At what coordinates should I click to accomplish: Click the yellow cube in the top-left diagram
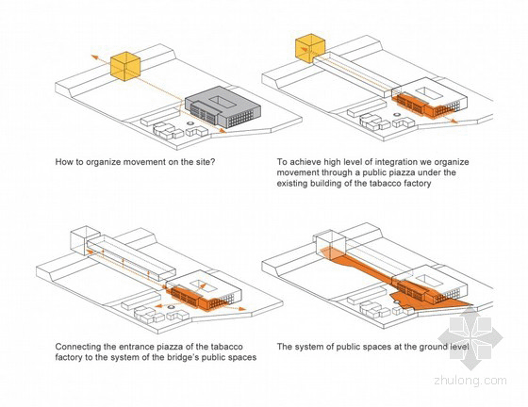point(125,66)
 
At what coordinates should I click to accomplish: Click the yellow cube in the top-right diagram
point(310,48)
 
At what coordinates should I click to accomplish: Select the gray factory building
point(223,107)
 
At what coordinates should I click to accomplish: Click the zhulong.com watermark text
point(470,381)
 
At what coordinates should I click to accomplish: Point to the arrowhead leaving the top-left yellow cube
point(94,57)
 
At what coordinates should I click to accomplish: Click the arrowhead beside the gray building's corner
point(223,131)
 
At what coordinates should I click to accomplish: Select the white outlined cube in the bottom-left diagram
point(85,240)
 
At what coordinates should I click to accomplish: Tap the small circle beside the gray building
point(190,123)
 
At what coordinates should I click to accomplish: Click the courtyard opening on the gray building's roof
point(221,100)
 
